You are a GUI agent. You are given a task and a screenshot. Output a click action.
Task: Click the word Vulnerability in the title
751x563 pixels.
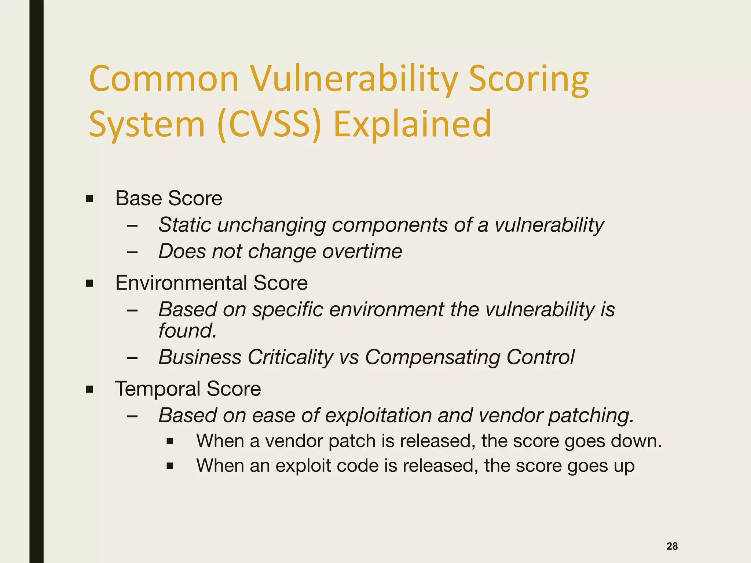tap(354, 80)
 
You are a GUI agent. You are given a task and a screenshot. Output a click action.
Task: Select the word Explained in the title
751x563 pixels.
tap(412, 125)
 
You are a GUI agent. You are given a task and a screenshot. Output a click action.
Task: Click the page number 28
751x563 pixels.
tap(672, 546)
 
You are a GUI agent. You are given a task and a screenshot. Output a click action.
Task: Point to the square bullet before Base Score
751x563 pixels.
tap(89, 199)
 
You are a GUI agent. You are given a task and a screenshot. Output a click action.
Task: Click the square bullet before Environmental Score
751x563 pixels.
tap(89, 284)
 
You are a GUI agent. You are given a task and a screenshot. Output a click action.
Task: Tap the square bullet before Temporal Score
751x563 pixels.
tap(89, 389)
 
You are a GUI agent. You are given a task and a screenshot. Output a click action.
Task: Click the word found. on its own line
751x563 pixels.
tap(187, 331)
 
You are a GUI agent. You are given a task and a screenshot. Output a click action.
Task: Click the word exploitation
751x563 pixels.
tap(378, 416)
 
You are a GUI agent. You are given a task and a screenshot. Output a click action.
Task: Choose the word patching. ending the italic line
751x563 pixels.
tap(591, 416)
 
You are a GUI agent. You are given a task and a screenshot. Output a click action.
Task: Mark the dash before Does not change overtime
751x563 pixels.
tap(132, 252)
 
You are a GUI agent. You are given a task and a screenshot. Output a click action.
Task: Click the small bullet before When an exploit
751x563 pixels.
tap(170, 466)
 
